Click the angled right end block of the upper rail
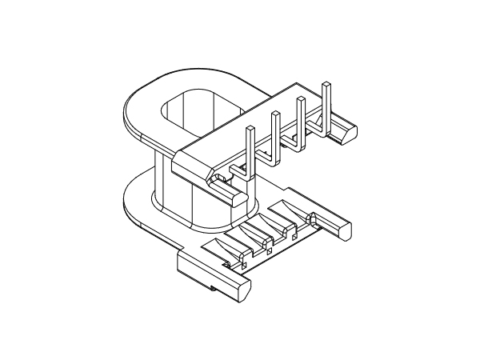[343, 128]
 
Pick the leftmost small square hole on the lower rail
[240, 261]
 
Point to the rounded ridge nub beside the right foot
[313, 218]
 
